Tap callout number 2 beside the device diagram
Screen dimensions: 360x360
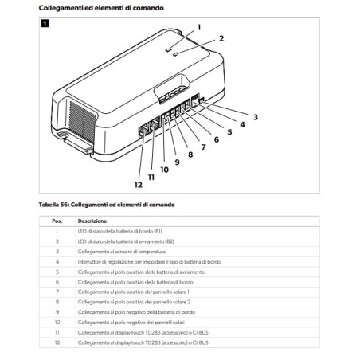(x=221, y=38)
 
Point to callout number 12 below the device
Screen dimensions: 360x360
(x=138, y=185)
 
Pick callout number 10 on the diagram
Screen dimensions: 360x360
(x=164, y=169)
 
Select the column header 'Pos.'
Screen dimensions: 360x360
(x=57, y=221)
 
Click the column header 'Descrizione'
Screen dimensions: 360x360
(x=92, y=221)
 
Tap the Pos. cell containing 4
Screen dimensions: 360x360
(x=57, y=260)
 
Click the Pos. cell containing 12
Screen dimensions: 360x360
(x=57, y=342)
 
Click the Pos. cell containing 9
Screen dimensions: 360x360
(x=57, y=312)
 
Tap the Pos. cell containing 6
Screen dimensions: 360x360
(x=57, y=281)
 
